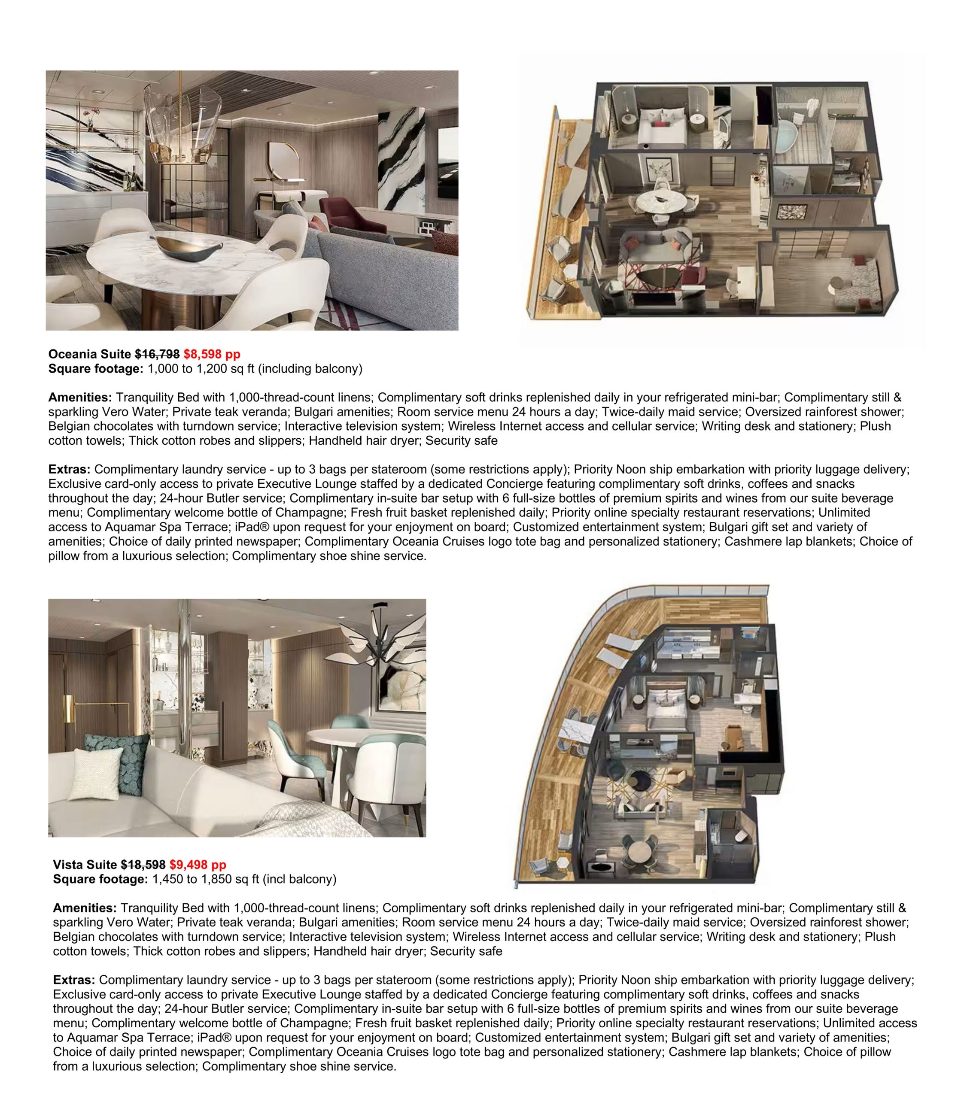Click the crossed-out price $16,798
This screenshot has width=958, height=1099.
click(157, 354)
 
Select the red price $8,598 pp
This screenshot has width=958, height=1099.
click(212, 354)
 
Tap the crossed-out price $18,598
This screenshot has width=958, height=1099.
click(143, 864)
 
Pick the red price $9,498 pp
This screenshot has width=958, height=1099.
click(198, 864)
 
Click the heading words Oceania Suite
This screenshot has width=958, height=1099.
click(89, 354)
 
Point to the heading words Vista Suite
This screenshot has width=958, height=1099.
click(85, 864)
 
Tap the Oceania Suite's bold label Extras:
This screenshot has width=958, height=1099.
click(70, 469)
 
